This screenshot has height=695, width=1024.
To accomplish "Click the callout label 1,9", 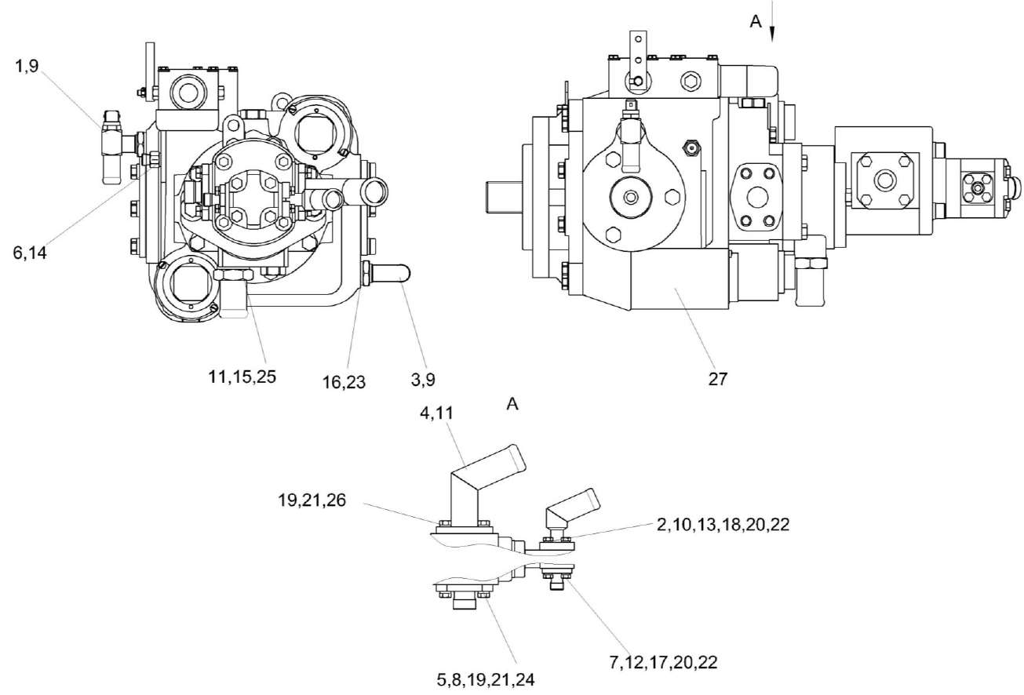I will coord(27,67).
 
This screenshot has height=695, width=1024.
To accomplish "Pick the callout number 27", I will coord(717,380).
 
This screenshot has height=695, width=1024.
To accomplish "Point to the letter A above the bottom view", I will coord(514,403).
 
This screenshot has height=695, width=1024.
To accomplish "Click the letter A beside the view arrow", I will coord(756,23).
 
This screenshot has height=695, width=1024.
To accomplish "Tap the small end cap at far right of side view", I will coord(1016,187).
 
